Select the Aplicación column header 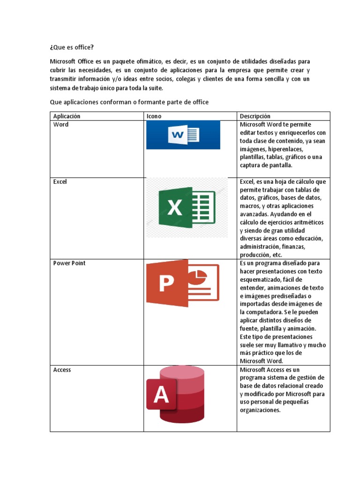click(x=67, y=116)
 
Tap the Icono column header click(x=155, y=116)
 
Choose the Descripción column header click(x=255, y=116)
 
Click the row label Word click(x=61, y=125)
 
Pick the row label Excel click(x=60, y=182)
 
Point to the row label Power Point click(x=69, y=263)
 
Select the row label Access click(x=62, y=370)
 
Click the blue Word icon click(x=183, y=135)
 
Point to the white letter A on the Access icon click(x=161, y=395)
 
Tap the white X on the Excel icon click(x=175, y=208)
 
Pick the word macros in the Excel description click(x=250, y=206)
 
